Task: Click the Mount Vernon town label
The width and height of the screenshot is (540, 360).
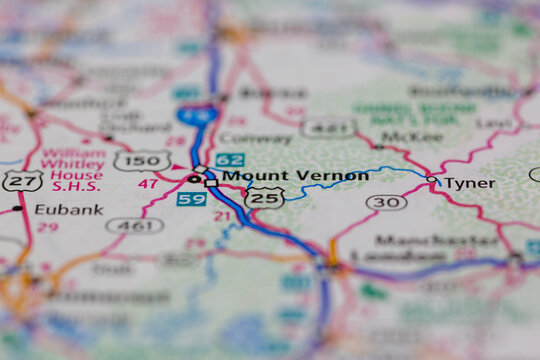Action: point(295,176)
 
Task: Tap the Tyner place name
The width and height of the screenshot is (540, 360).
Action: point(469,183)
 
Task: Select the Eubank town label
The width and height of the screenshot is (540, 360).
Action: point(68,209)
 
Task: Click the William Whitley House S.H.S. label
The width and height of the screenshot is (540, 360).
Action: point(73,172)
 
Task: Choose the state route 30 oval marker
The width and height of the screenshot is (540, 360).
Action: point(386,202)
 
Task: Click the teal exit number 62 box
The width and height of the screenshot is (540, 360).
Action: point(229,159)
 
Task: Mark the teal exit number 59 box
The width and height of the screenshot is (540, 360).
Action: point(191,199)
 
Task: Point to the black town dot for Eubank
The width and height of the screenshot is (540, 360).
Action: point(17,208)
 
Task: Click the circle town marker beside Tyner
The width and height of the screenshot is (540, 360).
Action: point(432,181)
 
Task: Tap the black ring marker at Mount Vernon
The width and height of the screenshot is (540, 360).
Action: point(193,179)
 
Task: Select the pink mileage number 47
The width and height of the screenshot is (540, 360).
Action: point(148,185)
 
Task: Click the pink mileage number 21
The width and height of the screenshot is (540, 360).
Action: point(222,216)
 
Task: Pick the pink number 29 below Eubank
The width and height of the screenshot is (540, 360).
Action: point(46,227)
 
